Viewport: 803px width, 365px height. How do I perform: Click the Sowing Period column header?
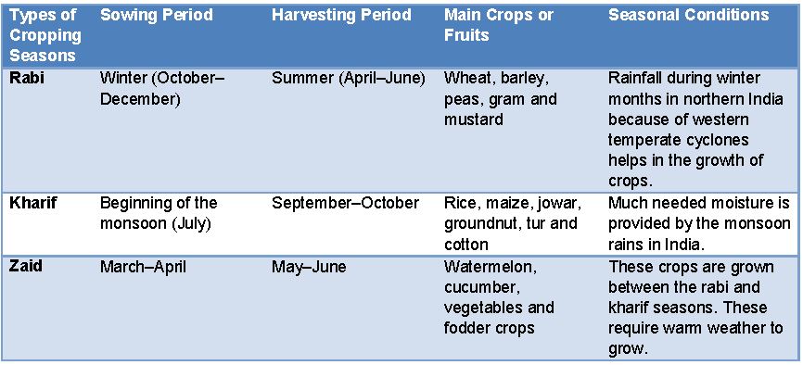click(155, 16)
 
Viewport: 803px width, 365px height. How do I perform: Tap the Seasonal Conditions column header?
click(688, 16)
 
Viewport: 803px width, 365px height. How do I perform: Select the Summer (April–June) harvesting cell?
click(348, 79)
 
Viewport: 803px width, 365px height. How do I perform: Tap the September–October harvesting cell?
click(345, 203)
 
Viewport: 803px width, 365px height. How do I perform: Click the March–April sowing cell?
click(143, 267)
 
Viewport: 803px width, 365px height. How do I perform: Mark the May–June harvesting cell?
click(309, 267)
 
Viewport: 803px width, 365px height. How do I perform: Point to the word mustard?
click(473, 120)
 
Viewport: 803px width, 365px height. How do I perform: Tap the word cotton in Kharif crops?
click(466, 244)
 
